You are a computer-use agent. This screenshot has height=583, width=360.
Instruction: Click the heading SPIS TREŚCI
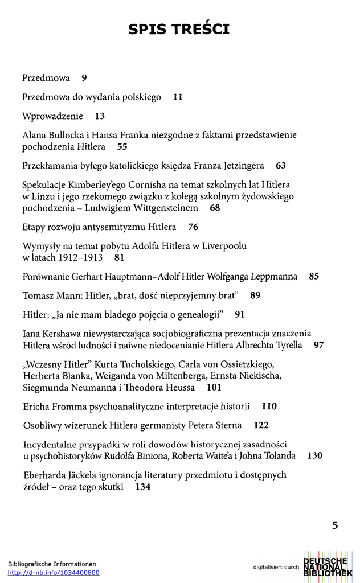[x=179, y=29]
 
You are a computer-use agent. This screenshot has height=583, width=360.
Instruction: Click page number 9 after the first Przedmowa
[x=84, y=78]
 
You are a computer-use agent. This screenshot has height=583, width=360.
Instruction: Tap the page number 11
[x=178, y=97]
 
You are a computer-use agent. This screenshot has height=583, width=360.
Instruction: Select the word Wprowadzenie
[x=52, y=116]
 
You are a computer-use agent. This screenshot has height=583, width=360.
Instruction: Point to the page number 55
[x=122, y=147]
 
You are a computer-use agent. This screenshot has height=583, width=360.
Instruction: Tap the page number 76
[x=193, y=227]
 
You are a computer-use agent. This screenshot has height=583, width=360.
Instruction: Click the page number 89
[x=255, y=295]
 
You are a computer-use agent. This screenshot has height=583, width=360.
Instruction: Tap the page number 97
[x=319, y=345]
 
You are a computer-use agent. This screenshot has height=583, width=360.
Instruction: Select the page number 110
[x=269, y=407]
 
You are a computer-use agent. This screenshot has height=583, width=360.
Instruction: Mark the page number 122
[x=261, y=425]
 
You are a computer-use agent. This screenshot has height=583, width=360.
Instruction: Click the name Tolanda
[x=277, y=455]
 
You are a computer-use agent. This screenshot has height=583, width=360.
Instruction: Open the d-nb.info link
[x=54, y=573]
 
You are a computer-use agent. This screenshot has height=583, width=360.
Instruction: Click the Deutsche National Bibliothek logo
[x=328, y=567]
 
